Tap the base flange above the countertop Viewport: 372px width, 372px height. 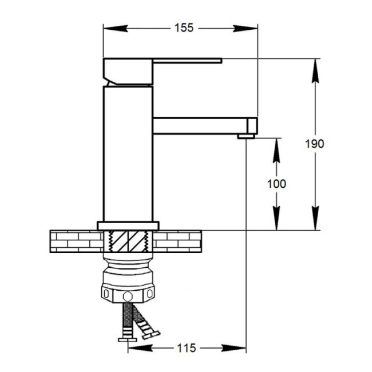128,225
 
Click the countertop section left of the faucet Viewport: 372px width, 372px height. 74,240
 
